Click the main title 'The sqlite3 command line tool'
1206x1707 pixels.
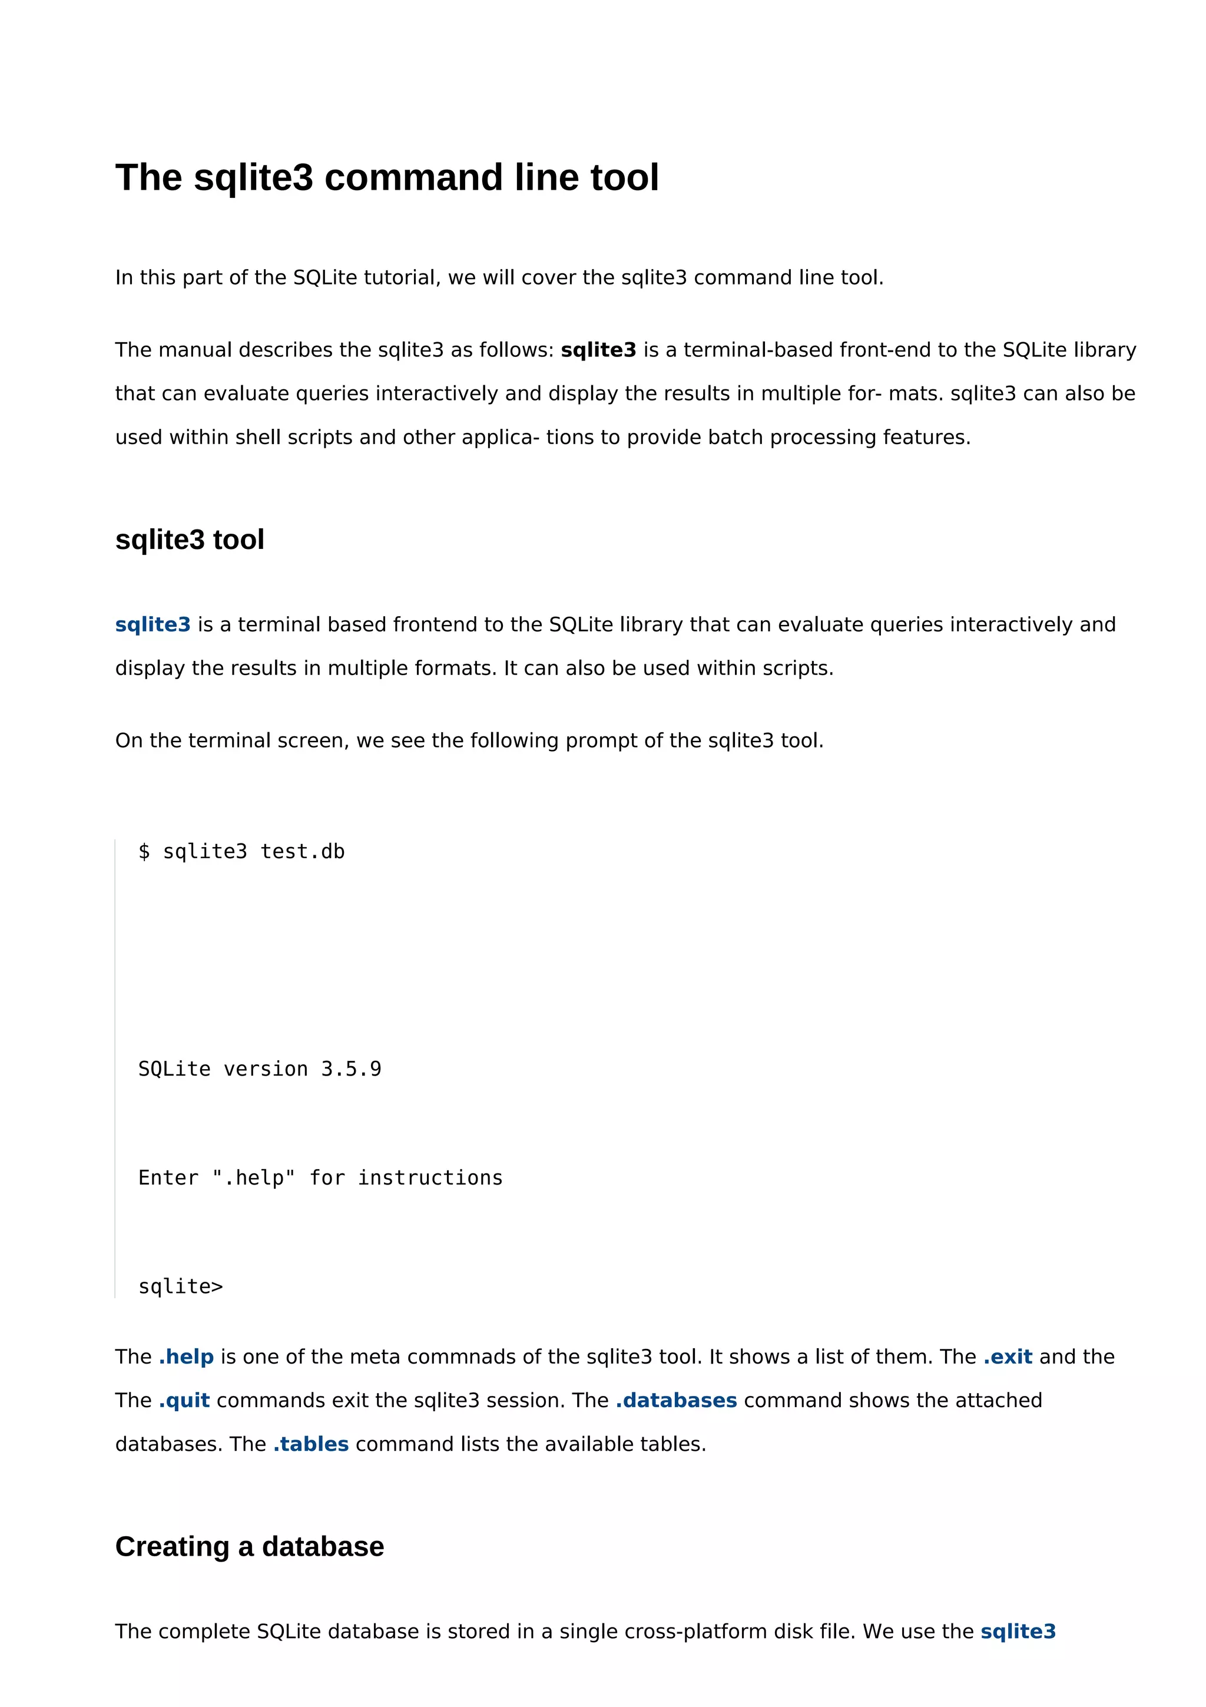click(386, 178)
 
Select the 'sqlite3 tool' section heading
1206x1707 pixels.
click(190, 540)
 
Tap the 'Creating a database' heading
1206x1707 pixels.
click(250, 1546)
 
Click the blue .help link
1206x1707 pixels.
click(187, 1357)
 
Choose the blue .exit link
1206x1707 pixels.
click(1008, 1357)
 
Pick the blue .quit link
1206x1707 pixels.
click(184, 1401)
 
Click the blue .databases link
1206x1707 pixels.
click(676, 1401)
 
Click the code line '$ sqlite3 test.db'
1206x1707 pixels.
click(241, 852)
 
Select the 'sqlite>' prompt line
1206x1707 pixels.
click(181, 1287)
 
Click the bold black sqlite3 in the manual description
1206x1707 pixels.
click(598, 350)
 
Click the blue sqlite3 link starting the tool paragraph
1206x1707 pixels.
click(153, 624)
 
